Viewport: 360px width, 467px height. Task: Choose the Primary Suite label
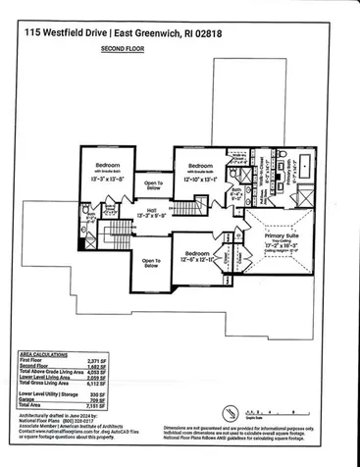tap(282, 235)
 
